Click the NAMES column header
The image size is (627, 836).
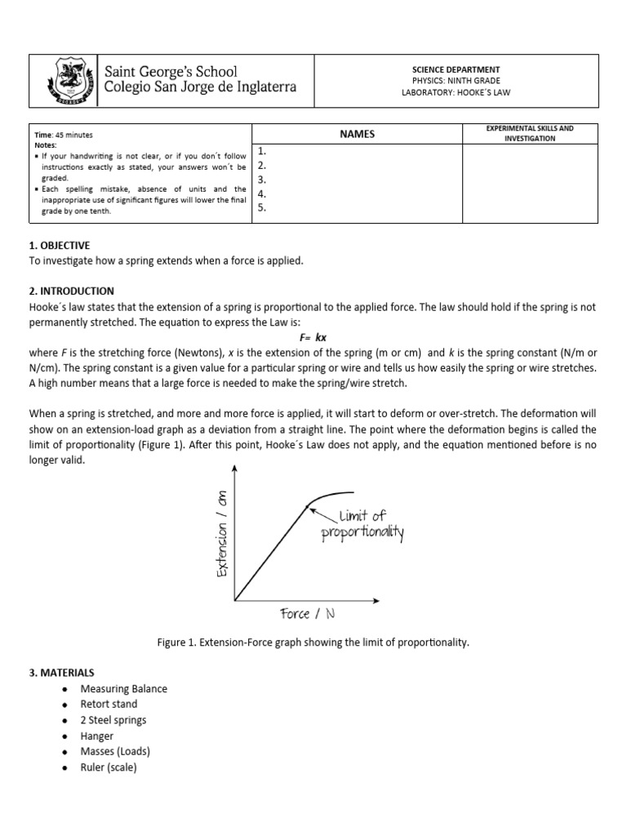coord(358,134)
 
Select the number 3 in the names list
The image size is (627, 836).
coord(262,180)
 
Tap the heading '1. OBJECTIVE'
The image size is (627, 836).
coord(60,245)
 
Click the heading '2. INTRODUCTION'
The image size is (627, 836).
coord(71,291)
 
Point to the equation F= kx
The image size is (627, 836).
coord(313,337)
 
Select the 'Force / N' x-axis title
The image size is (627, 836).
coord(306,613)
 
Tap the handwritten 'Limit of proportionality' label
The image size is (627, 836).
coord(362,524)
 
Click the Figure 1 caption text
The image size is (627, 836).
coord(313,643)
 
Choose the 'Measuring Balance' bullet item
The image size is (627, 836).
coord(123,688)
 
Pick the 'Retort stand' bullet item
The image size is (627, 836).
coord(109,704)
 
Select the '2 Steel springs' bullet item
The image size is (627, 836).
coord(113,720)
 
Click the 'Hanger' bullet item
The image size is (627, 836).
coord(97,736)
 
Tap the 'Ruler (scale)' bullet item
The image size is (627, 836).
coord(109,767)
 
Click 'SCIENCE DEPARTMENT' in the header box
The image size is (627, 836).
coord(456,70)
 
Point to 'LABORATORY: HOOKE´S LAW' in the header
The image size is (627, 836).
coord(456,92)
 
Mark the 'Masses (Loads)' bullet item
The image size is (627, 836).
coord(115,751)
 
